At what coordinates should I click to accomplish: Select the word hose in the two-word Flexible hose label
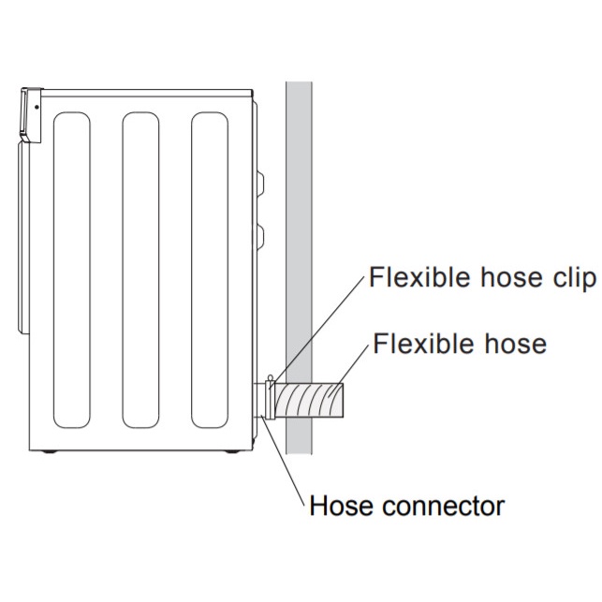[x=510, y=344]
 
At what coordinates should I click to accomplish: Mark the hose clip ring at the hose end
[x=271, y=401]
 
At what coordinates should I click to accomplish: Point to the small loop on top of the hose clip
[x=271, y=378]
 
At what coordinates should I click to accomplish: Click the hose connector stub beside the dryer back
[x=260, y=401]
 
